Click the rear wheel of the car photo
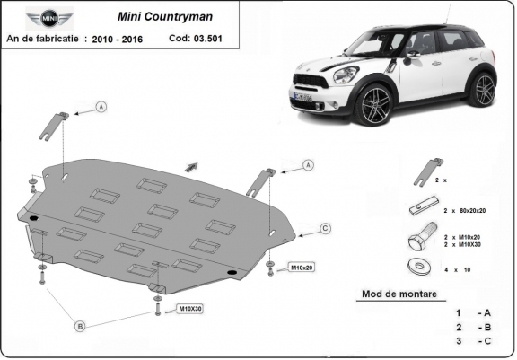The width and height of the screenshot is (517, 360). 483,89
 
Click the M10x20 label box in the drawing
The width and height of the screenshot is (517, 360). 301,268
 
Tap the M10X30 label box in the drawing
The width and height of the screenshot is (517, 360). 189,309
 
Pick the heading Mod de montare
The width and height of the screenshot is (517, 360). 399,294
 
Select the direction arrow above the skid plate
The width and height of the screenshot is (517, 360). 191,165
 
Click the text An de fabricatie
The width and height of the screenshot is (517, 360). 42,40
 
